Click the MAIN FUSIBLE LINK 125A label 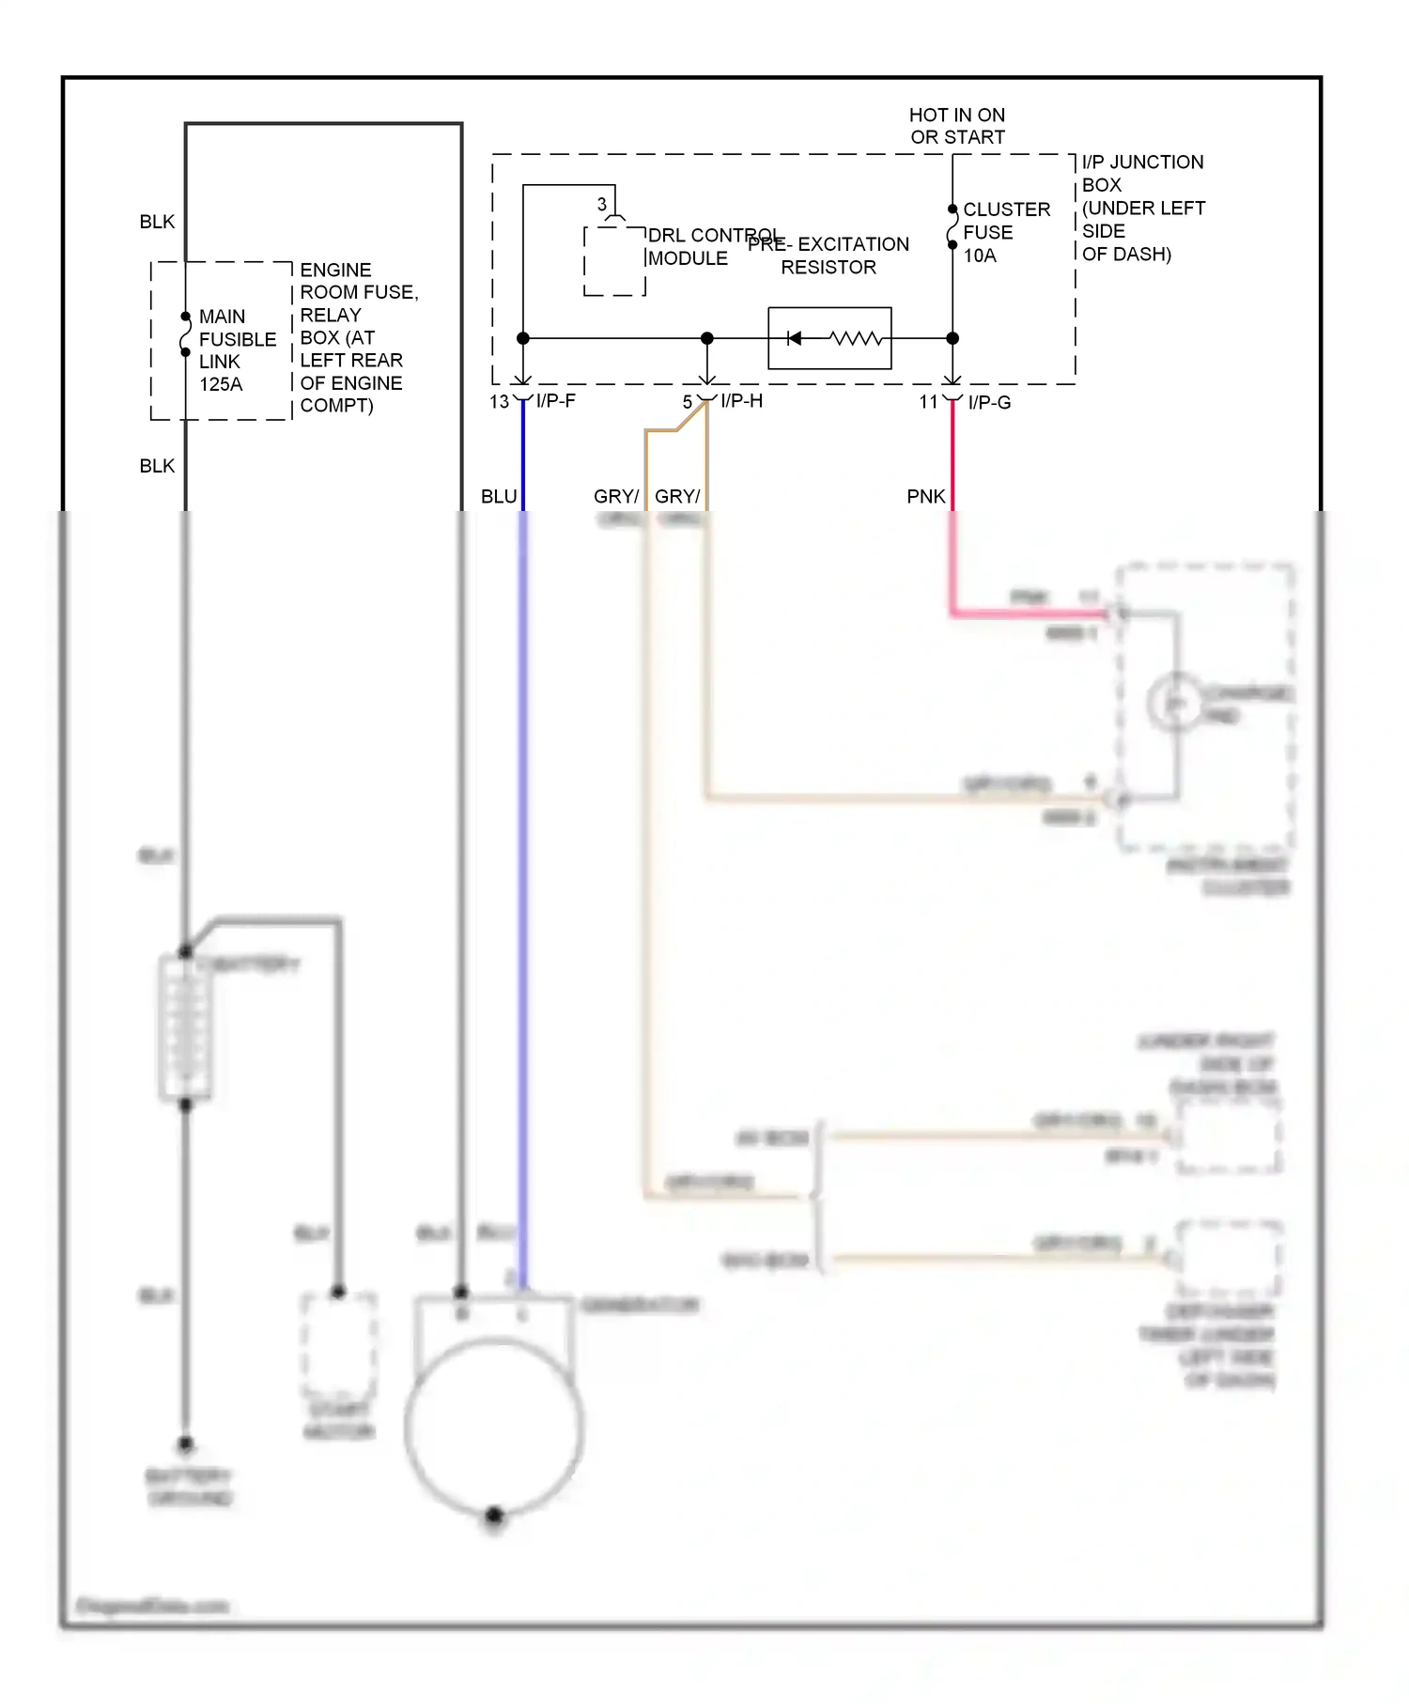pyautogui.click(x=236, y=349)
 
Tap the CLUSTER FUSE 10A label pyautogui.click(x=1005, y=232)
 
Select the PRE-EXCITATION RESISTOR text pyautogui.click(x=828, y=256)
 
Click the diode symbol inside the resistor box pyautogui.click(x=794, y=338)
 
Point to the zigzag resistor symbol pyautogui.click(x=855, y=338)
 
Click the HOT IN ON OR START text pyautogui.click(x=956, y=126)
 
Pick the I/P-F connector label pyautogui.click(x=556, y=401)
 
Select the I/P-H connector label pyautogui.click(x=741, y=401)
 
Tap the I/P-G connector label pyautogui.click(x=989, y=402)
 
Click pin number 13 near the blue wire pyautogui.click(x=499, y=402)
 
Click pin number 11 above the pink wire pyautogui.click(x=928, y=402)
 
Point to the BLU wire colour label pyautogui.click(x=499, y=496)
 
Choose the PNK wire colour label pyautogui.click(x=925, y=496)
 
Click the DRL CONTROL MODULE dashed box pyautogui.click(x=614, y=262)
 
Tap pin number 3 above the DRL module pyautogui.click(x=602, y=204)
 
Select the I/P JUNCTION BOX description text pyautogui.click(x=1142, y=208)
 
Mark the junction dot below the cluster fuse pyautogui.click(x=952, y=338)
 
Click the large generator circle pyautogui.click(x=494, y=1428)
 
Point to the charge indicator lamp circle pyautogui.click(x=1175, y=703)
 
